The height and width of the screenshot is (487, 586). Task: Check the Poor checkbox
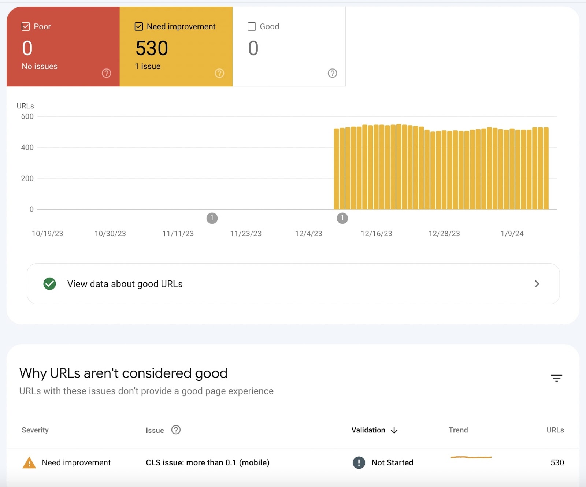click(26, 26)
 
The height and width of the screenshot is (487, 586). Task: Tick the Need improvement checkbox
click(139, 26)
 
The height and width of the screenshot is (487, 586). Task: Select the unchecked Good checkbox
click(252, 26)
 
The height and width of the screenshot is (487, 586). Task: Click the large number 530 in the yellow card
click(152, 48)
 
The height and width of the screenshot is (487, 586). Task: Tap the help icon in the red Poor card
click(106, 73)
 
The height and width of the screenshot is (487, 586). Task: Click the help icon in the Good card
click(332, 73)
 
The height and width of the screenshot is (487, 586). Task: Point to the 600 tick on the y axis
click(27, 116)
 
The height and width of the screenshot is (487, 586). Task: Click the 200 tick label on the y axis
click(27, 178)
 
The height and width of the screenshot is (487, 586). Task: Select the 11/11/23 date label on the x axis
click(178, 234)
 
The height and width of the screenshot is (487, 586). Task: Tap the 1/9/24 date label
click(512, 234)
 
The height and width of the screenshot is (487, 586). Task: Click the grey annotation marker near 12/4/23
click(342, 218)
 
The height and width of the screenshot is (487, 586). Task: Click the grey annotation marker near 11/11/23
click(212, 218)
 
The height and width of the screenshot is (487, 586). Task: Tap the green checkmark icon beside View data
click(50, 284)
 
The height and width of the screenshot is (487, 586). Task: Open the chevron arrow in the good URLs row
click(537, 284)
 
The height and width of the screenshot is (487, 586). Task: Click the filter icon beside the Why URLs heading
click(556, 378)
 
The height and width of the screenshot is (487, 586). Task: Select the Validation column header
click(368, 430)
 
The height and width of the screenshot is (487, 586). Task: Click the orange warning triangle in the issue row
click(29, 463)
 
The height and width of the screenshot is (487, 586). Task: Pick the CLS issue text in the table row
click(207, 462)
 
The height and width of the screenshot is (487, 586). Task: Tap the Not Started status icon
click(359, 462)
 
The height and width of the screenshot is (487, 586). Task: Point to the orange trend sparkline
click(471, 457)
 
